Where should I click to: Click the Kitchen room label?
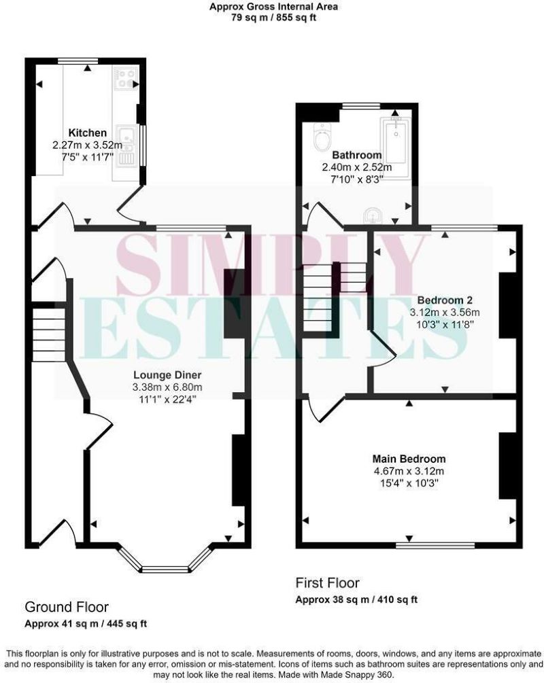click(87, 133)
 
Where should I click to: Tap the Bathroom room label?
click(356, 155)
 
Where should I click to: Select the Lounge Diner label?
click(167, 374)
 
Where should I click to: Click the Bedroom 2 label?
click(445, 300)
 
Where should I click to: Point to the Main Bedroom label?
click(409, 459)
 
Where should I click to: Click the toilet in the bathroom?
click(323, 137)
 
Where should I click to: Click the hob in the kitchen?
click(126, 78)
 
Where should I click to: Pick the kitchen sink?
click(126, 144)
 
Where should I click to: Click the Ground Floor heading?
click(66, 607)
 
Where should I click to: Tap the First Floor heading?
click(327, 583)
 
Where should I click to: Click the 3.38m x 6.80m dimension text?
click(167, 387)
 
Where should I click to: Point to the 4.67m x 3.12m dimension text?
click(409, 471)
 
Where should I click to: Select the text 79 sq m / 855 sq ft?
click(273, 18)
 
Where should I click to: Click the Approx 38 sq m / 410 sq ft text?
click(356, 599)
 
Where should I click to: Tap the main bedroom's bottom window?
click(435, 545)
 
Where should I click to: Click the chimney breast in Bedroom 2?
click(507, 305)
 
